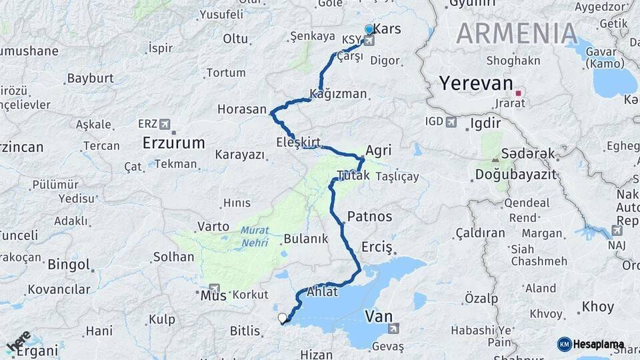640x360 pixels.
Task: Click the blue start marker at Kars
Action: [369, 29]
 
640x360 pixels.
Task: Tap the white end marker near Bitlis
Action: [282, 318]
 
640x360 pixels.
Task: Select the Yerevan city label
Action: [476, 84]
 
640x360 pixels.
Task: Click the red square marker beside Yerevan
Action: [518, 93]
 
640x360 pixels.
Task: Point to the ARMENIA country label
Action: [517, 33]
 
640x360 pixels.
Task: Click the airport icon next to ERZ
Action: [165, 124]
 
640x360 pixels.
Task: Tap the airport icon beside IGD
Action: [451, 122]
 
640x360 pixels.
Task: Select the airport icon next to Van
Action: [394, 328]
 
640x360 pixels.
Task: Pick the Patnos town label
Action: [369, 217]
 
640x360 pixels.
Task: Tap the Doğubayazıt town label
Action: [506, 175]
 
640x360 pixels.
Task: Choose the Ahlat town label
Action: [323, 293]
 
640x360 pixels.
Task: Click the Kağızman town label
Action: [339, 94]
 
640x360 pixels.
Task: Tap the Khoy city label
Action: [597, 307]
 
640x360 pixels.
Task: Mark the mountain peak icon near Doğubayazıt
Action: [495, 160]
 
